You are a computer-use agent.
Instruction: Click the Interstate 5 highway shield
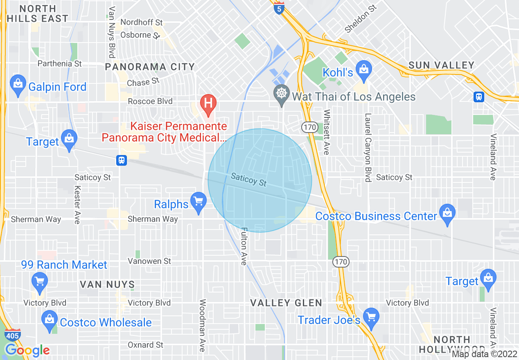pyautogui.click(x=279, y=8)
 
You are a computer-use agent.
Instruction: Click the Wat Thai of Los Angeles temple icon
pyautogui.click(x=281, y=94)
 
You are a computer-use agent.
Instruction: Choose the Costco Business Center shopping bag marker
pyautogui.click(x=447, y=213)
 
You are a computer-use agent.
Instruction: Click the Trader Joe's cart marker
pyautogui.click(x=371, y=317)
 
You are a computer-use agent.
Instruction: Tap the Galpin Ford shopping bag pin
pyautogui.click(x=18, y=84)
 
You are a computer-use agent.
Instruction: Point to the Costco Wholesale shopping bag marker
pyautogui.click(x=50, y=319)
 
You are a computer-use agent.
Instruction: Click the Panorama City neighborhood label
pyautogui.click(x=150, y=67)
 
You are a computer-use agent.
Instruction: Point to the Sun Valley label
pyautogui.click(x=442, y=65)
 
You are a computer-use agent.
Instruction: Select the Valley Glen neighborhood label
pyautogui.click(x=286, y=303)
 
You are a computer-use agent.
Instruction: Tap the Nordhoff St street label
pyautogui.click(x=142, y=22)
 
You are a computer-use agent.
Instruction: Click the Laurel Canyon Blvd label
pyautogui.click(x=368, y=147)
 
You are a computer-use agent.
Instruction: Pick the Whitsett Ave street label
pyautogui.click(x=326, y=132)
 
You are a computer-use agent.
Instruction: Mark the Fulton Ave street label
pyautogui.click(x=244, y=246)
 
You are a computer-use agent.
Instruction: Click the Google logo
pyautogui.click(x=27, y=351)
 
